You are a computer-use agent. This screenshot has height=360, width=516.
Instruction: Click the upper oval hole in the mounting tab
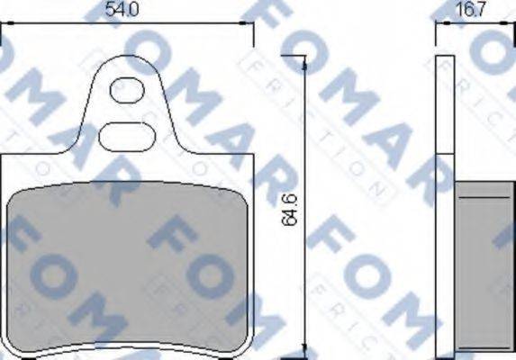(126, 90)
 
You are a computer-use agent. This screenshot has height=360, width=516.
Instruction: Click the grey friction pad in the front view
(126, 270)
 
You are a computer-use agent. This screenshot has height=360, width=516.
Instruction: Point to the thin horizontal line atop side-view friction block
(482, 195)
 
